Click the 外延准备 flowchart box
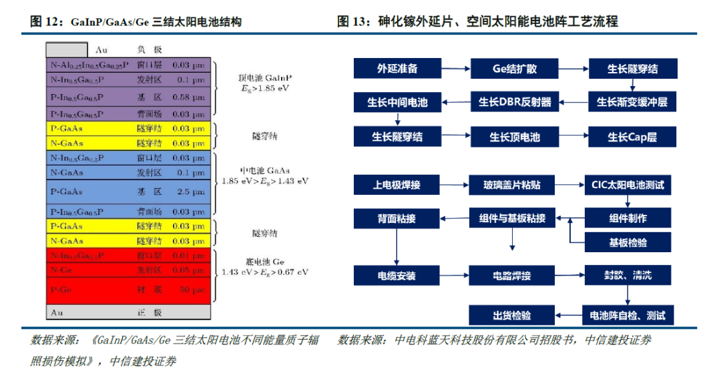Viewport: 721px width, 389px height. [397, 69]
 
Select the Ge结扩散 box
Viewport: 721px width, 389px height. [514, 69]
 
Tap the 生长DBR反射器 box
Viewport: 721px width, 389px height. [514, 102]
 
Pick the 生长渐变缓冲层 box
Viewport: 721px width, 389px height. [632, 102]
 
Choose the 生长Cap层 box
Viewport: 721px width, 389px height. [632, 137]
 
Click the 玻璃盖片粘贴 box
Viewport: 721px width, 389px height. [514, 184]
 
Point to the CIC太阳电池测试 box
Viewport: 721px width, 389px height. [628, 184]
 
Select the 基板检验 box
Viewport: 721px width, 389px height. [628, 242]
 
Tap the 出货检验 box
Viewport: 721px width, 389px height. [512, 315]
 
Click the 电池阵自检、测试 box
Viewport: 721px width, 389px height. [628, 315]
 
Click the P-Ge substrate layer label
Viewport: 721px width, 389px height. [61, 290]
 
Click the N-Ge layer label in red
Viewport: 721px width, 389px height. [59, 270]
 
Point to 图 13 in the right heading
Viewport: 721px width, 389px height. [353, 21]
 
